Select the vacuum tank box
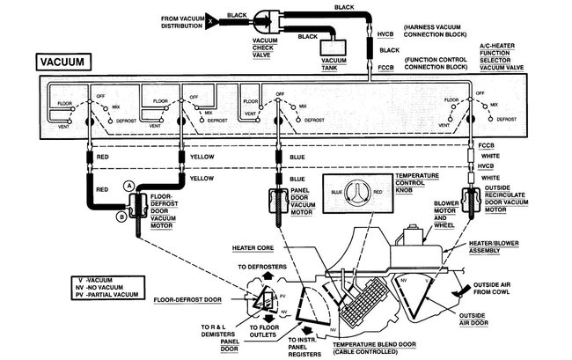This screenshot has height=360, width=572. click(x=334, y=52)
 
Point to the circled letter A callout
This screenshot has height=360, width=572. click(x=129, y=186)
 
